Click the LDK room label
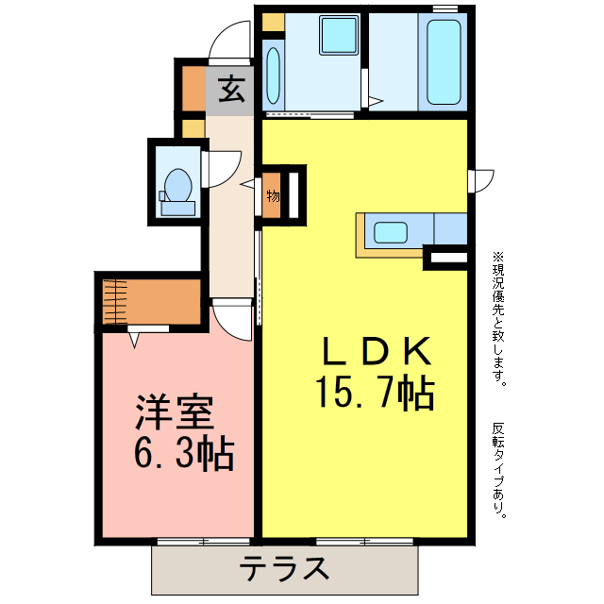[x=376, y=352]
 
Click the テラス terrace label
[x=284, y=569]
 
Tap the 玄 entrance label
[x=231, y=90]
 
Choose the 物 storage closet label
[x=272, y=196]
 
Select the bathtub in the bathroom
[x=443, y=62]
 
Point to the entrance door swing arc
[x=227, y=42]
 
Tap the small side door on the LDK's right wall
[x=481, y=179]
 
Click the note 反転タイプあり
[x=498, y=470]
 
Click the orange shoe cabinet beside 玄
[x=192, y=90]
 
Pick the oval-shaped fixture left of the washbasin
[x=273, y=75]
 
